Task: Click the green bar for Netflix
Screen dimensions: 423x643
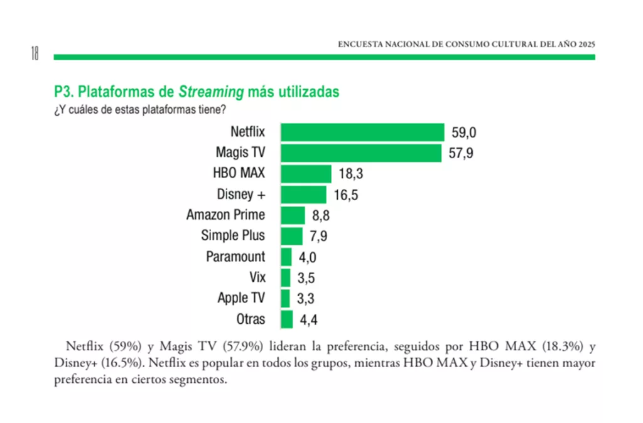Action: pos(362,132)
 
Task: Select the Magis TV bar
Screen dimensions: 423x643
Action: pos(361,153)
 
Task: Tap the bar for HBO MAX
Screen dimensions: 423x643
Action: pos(306,174)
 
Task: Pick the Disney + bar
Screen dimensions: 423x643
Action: pos(303,195)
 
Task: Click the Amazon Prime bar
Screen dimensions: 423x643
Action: pos(293,215)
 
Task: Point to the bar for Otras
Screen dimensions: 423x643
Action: pos(287,319)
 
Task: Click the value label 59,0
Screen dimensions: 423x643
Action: pos(464,133)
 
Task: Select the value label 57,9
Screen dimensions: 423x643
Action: pos(462,154)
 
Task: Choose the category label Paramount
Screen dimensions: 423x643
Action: pos(235,257)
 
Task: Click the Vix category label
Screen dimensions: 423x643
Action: pos(257,277)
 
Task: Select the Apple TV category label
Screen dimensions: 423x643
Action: pos(241,298)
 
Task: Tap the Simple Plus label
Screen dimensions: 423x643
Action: pos(233,236)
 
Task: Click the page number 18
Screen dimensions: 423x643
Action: pos(35,54)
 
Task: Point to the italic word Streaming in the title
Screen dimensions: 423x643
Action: pos(211,92)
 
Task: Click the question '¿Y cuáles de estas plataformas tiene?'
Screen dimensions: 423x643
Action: pos(140,109)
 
